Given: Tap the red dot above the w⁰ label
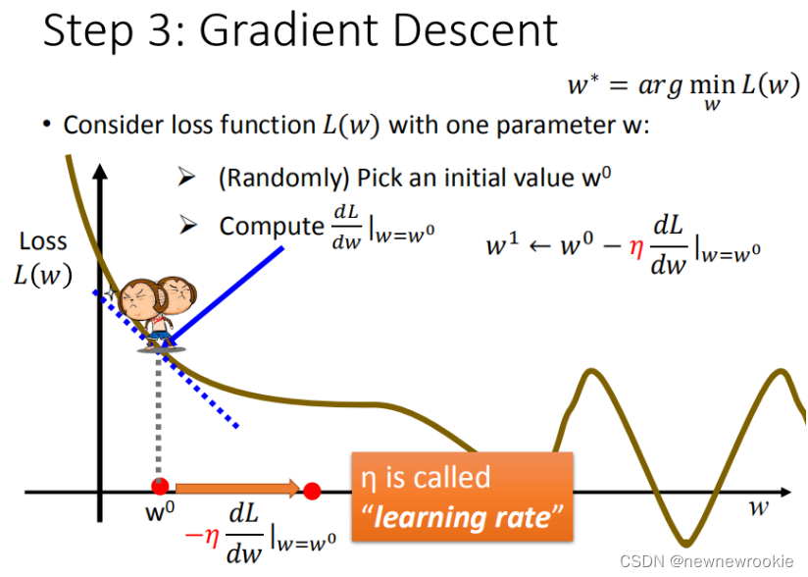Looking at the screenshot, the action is [x=160, y=487].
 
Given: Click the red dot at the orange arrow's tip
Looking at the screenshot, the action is [x=312, y=491].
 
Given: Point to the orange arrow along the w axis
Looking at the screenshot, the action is [x=237, y=488].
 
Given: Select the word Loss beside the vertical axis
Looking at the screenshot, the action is [x=43, y=241].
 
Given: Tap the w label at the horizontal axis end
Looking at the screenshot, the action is [x=759, y=509].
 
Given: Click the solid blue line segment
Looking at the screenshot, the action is [x=227, y=295].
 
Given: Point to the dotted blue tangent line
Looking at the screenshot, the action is [x=166, y=359].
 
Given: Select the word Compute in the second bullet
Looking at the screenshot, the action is [x=272, y=227].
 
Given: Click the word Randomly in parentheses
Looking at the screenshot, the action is [x=285, y=179].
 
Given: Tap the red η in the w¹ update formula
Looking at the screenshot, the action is [x=636, y=248].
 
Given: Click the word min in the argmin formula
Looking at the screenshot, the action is [x=712, y=83].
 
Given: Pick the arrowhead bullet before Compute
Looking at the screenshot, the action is [x=188, y=225].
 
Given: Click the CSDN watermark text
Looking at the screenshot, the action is [x=706, y=561].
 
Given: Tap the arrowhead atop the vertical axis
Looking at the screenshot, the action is [x=100, y=172].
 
